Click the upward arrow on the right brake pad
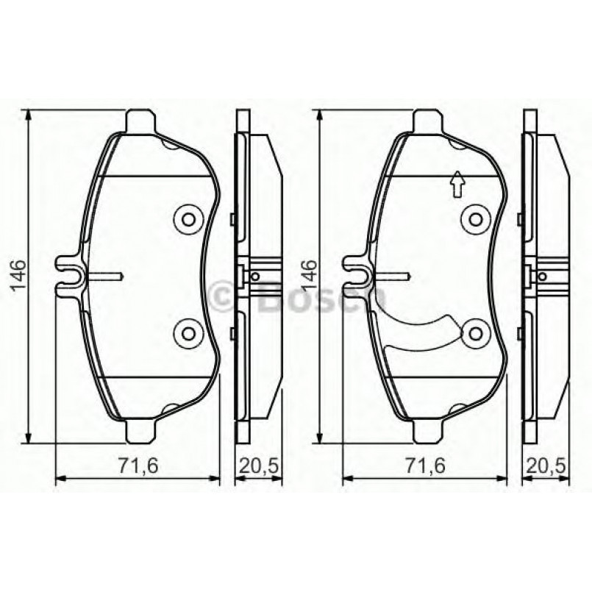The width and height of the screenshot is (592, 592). [456, 184]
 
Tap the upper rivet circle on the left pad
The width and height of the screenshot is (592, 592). [187, 218]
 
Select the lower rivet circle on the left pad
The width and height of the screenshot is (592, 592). [187, 332]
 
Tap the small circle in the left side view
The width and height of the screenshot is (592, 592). [254, 277]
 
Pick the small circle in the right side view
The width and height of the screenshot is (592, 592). [542, 277]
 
